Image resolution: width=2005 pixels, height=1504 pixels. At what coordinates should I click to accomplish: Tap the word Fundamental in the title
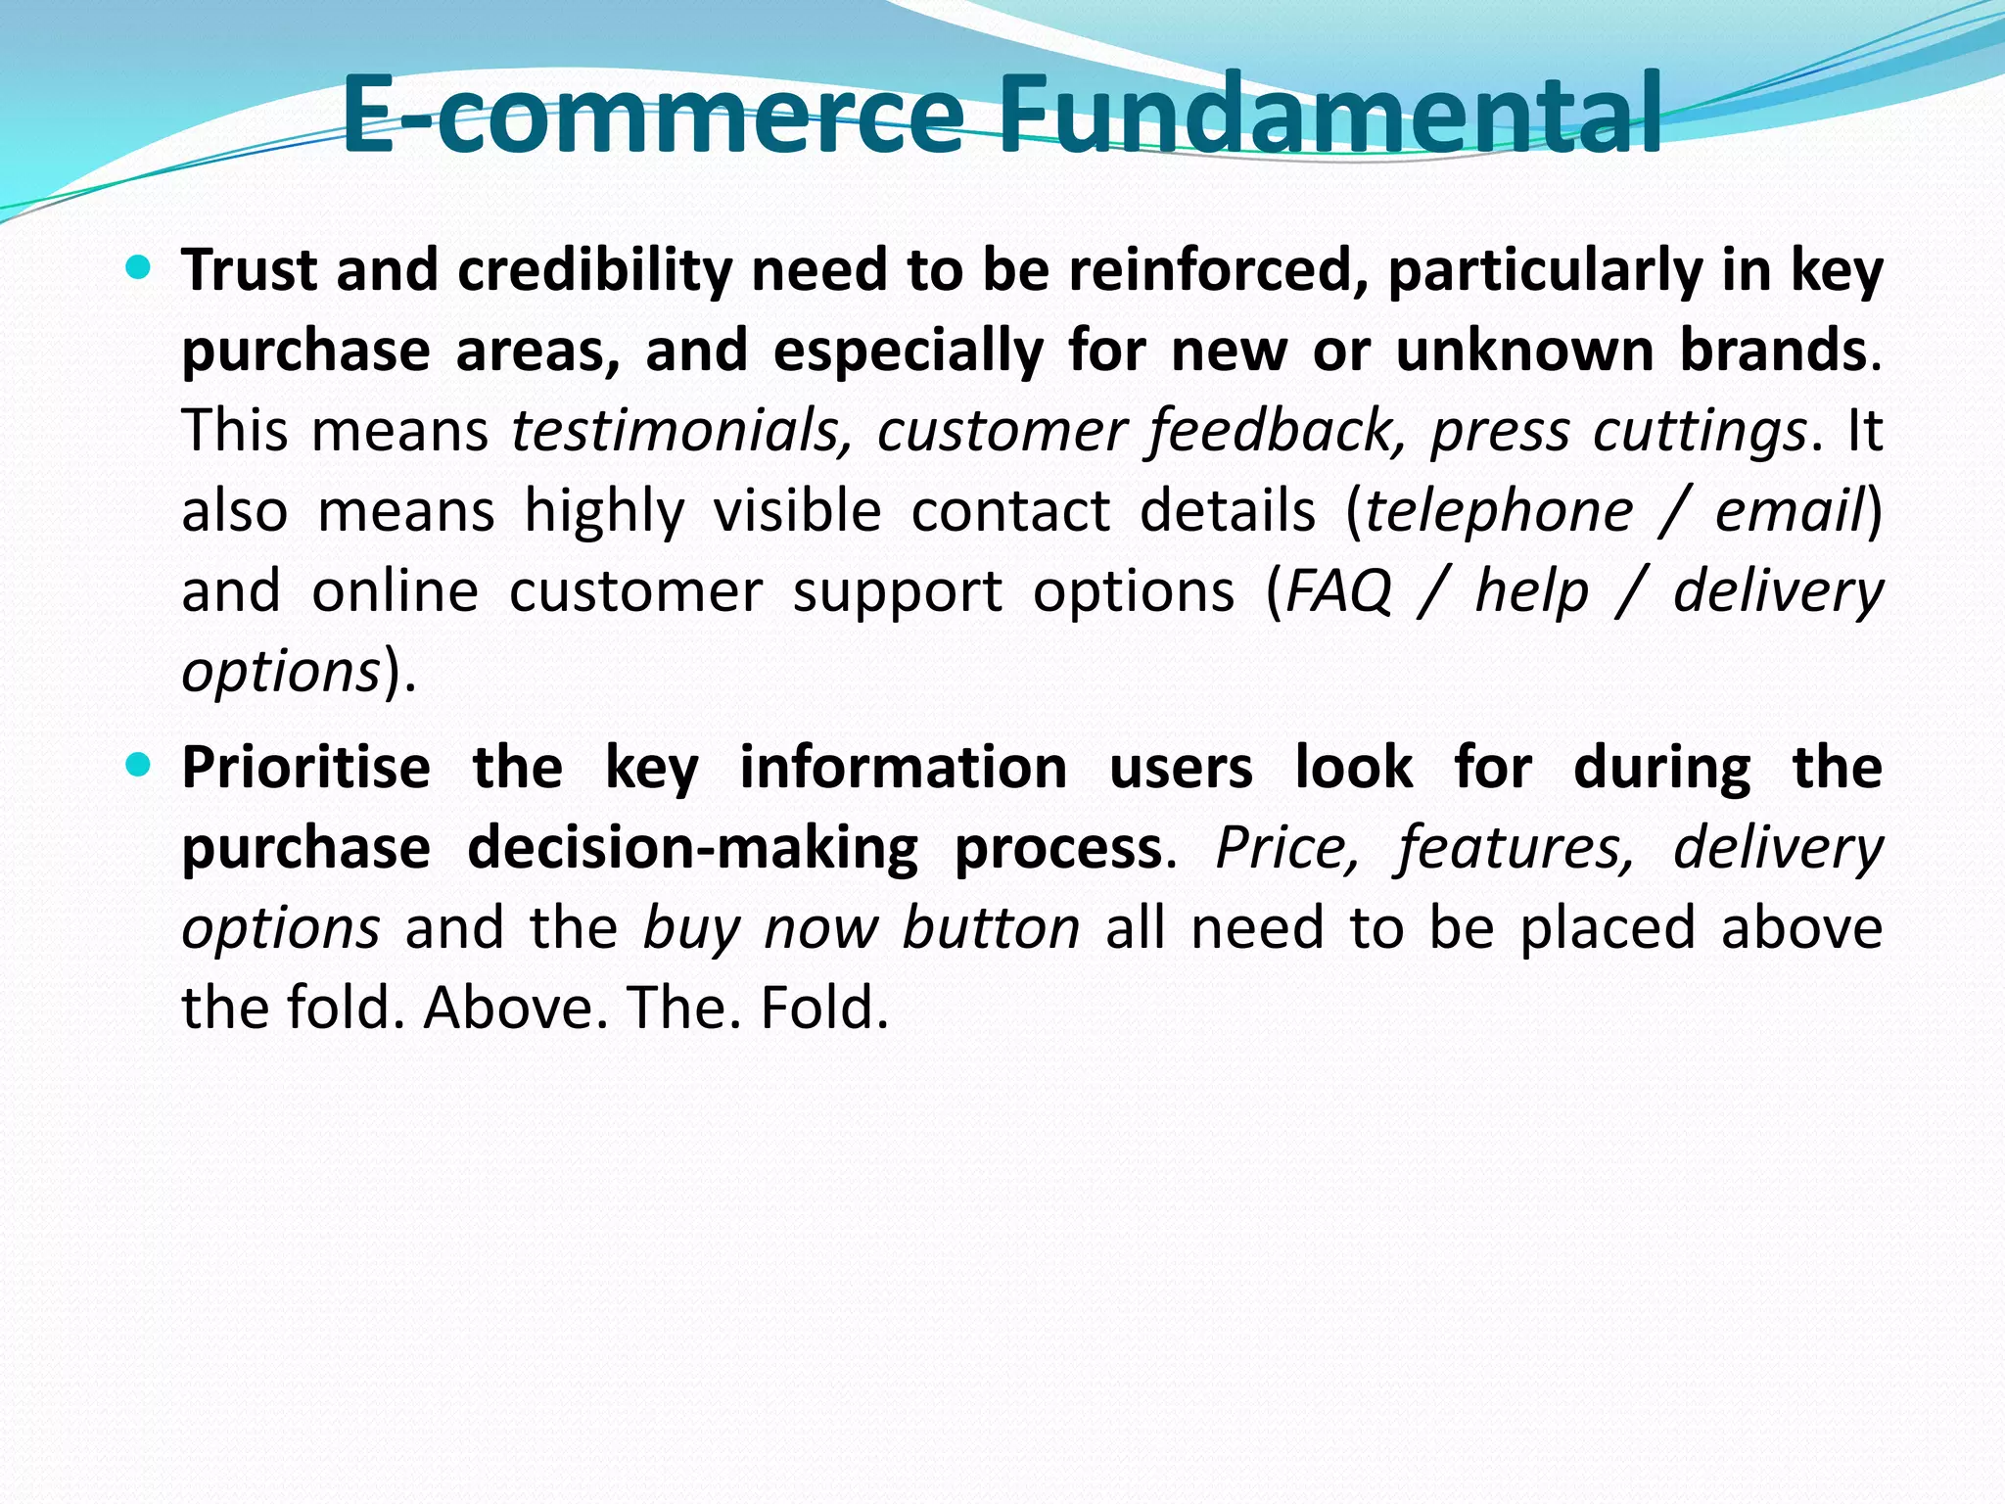(x=1329, y=116)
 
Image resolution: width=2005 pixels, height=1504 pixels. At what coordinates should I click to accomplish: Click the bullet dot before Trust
(x=139, y=267)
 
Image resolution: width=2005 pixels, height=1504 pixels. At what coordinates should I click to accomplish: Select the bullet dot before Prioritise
(x=139, y=764)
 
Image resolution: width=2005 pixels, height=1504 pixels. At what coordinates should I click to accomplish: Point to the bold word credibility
(x=594, y=271)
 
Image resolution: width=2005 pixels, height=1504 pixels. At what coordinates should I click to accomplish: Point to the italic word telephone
(x=1499, y=511)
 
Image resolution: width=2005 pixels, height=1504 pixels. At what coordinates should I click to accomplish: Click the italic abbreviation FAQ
(x=1337, y=591)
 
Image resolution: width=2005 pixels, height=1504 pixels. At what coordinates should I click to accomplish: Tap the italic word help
(x=1531, y=591)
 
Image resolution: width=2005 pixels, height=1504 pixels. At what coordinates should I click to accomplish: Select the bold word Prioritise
(x=305, y=768)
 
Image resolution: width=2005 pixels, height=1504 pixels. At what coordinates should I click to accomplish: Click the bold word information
(x=903, y=768)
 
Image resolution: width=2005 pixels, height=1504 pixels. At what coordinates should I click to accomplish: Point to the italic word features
(x=1515, y=848)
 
